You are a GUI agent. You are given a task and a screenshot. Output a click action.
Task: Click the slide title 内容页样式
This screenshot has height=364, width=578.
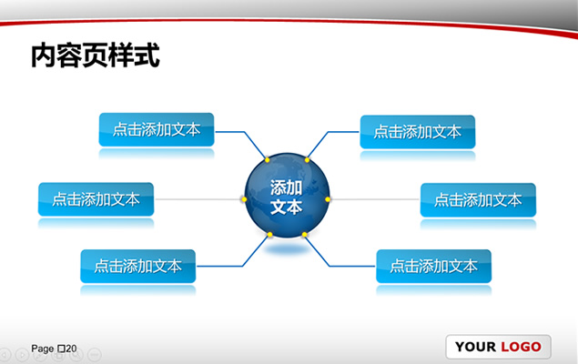tap(96, 56)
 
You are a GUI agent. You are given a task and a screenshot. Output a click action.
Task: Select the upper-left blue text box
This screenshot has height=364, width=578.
tap(157, 129)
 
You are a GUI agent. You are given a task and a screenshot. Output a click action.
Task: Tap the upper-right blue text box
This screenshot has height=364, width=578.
tap(417, 132)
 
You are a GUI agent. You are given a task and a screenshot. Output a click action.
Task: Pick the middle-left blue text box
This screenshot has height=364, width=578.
tap(96, 199)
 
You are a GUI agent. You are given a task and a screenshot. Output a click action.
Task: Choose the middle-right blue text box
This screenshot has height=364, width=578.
tap(478, 200)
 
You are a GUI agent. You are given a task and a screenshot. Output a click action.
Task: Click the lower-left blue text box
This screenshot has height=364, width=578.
tap(137, 266)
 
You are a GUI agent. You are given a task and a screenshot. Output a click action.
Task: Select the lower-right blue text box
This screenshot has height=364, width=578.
tap(433, 266)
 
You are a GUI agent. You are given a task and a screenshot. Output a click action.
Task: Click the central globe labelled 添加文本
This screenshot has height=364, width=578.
tap(287, 196)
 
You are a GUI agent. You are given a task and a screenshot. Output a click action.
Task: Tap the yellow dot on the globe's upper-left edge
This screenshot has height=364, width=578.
tap(268, 160)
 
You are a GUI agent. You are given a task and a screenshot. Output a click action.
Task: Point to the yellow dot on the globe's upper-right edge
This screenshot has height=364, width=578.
tap(307, 160)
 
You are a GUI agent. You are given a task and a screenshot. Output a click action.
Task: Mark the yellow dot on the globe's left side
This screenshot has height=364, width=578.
tap(244, 199)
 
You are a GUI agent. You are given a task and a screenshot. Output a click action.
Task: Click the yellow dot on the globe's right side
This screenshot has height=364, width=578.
tap(328, 199)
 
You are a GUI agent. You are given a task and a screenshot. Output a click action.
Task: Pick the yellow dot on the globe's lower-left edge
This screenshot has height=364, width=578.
tap(269, 234)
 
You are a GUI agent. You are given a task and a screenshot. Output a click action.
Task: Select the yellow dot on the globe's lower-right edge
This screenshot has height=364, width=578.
tap(305, 234)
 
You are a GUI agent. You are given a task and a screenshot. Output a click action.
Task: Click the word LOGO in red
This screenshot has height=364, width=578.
tap(521, 347)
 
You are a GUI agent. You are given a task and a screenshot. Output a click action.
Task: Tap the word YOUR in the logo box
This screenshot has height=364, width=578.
tap(475, 347)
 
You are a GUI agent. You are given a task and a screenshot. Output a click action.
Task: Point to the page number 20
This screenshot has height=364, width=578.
tap(71, 349)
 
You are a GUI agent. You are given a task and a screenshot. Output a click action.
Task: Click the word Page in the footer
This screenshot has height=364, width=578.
tap(43, 349)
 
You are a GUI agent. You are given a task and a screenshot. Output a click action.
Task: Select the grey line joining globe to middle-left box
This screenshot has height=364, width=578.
tap(198, 199)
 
